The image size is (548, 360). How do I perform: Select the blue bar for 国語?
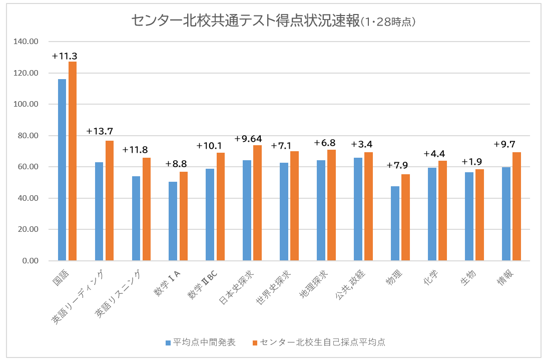[x=62, y=170]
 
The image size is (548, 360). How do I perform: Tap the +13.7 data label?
[x=100, y=131]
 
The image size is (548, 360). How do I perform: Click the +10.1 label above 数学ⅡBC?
[x=209, y=146]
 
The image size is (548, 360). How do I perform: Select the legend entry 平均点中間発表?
[x=200, y=342]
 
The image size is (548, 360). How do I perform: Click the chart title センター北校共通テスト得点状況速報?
[x=245, y=21]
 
